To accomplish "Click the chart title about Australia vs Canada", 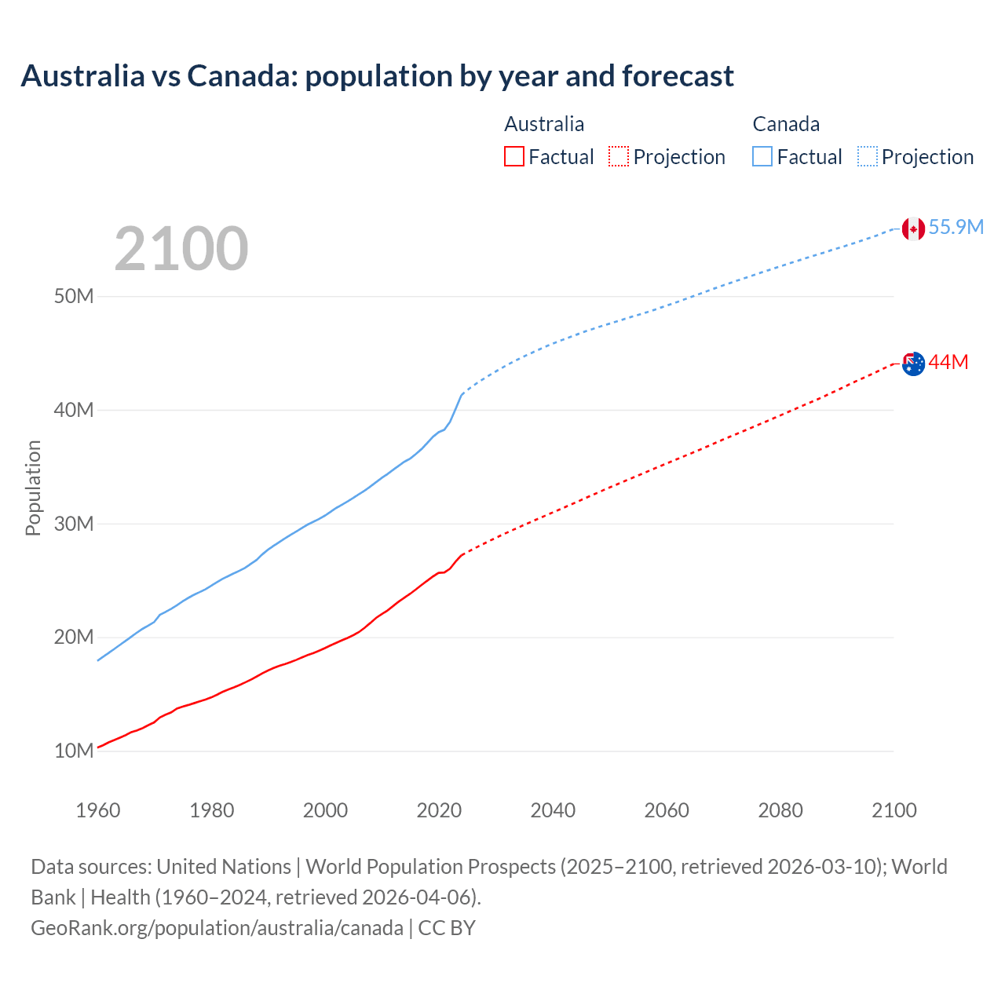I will [x=377, y=76].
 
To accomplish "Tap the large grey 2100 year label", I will [x=181, y=249].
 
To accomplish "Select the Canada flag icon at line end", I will [x=912, y=228].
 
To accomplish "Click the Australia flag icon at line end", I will [x=913, y=364].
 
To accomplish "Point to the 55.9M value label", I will [x=956, y=228].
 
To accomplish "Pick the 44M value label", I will [x=948, y=362].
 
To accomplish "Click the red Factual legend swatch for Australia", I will [x=513, y=157].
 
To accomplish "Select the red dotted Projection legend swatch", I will [x=619, y=157].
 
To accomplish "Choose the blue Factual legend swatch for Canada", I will [x=762, y=157].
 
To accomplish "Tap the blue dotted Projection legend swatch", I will [x=867, y=157].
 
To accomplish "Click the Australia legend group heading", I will [x=544, y=124].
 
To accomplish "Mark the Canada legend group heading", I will [x=786, y=124].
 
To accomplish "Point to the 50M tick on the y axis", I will [x=74, y=297].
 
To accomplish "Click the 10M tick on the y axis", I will [x=74, y=751].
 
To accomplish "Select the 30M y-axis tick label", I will [x=74, y=524].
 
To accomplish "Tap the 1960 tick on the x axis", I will [x=98, y=810].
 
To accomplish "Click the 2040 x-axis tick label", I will [x=553, y=810].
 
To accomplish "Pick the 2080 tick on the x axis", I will [x=780, y=810].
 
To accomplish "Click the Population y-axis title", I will [x=33, y=488].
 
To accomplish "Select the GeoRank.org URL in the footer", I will [x=217, y=928].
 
